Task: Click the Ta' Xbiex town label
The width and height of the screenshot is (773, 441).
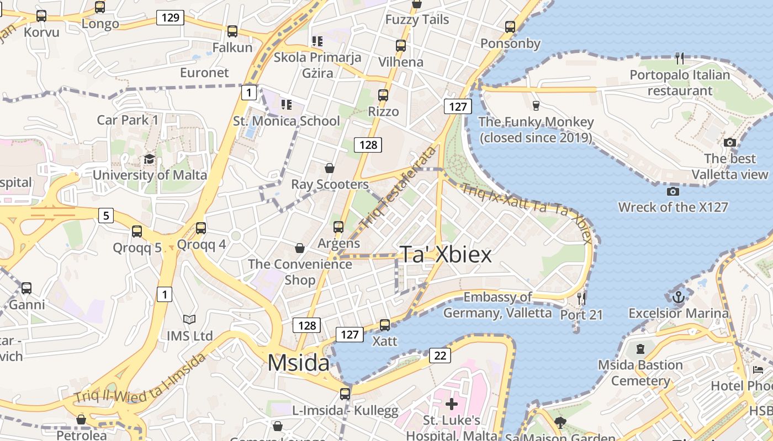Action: click(445, 255)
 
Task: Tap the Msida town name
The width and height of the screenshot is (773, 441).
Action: click(298, 363)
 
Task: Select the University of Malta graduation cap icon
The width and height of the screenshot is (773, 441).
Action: click(149, 159)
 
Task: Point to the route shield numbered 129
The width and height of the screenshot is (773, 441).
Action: click(170, 18)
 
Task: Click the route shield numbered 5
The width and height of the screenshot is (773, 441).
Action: click(106, 215)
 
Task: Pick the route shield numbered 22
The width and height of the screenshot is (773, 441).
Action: click(440, 355)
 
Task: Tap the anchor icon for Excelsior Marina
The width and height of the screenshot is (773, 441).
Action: click(679, 297)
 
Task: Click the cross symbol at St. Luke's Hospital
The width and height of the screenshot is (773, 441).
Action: click(452, 405)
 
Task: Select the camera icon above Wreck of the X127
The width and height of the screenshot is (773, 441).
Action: click(673, 191)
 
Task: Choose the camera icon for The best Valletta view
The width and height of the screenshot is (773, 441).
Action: click(730, 142)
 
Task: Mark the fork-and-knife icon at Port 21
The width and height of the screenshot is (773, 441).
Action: click(581, 299)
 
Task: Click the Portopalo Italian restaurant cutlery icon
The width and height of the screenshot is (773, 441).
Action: click(680, 58)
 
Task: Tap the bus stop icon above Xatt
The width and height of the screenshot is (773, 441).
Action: click(385, 325)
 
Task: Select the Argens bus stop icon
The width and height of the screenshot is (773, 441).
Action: click(338, 227)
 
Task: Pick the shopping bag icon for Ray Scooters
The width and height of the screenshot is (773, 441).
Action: click(330, 168)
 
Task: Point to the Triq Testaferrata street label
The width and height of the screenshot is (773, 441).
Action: click(398, 188)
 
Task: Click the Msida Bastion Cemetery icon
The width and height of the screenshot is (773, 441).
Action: click(640, 349)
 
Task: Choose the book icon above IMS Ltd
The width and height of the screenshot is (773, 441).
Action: click(189, 319)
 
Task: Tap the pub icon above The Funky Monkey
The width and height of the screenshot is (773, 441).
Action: click(535, 105)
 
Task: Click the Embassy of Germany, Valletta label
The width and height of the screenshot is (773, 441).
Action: click(497, 305)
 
